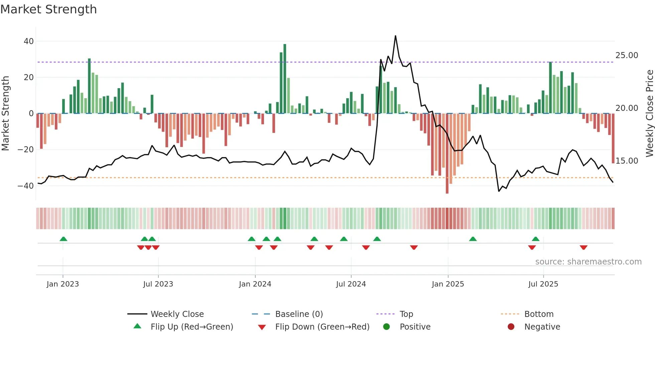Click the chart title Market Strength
pyautogui.click(x=48, y=9)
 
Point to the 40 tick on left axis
pyautogui.click(x=29, y=41)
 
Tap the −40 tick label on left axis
pyautogui.click(x=26, y=186)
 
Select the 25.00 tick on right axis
pyautogui.click(x=627, y=55)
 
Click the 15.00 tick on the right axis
pyautogui.click(x=627, y=161)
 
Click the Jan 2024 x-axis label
pyautogui.click(x=255, y=284)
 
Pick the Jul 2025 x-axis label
pyautogui.click(x=543, y=284)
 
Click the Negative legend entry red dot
pyautogui.click(x=511, y=327)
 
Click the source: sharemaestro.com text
pyautogui.click(x=588, y=262)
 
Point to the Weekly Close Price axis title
pyautogui.click(x=649, y=114)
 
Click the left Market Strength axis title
pyautogui.click(x=6, y=114)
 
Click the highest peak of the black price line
pyautogui.click(x=395, y=36)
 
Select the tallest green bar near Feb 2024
pyautogui.click(x=285, y=78)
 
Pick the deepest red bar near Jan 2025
pyautogui.click(x=447, y=154)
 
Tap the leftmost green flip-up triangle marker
pyautogui.click(x=63, y=239)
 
